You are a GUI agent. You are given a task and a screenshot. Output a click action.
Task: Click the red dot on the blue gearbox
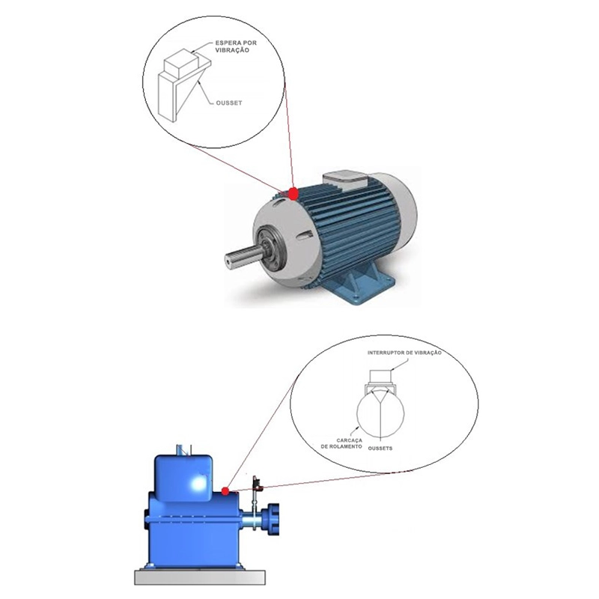click(225, 491)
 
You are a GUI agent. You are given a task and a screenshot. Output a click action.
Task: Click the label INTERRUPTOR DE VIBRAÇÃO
click(404, 352)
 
